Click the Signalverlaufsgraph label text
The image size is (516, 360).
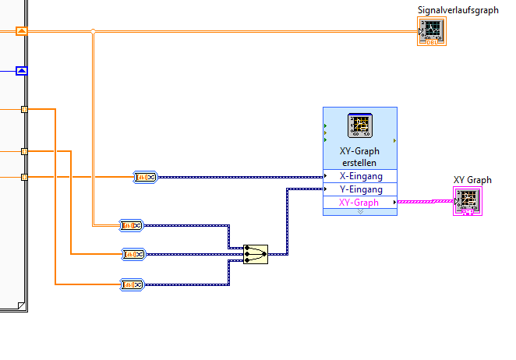click(458, 10)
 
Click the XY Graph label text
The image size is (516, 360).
click(472, 180)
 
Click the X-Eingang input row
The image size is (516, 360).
click(360, 176)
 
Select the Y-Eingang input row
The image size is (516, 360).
click(360, 189)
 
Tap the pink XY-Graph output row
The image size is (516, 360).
click(360, 203)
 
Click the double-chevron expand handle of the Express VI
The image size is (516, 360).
click(360, 211)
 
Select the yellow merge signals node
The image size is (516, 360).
click(256, 252)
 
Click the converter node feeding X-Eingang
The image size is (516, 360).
click(146, 178)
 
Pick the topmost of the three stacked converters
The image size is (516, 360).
click(132, 226)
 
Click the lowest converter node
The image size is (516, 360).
click(132, 284)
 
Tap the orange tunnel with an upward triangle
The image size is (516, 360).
click(22, 31)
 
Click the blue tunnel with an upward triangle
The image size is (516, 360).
click(22, 71)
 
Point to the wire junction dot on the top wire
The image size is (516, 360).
click(94, 31)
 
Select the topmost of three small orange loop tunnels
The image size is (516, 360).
click(24, 110)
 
